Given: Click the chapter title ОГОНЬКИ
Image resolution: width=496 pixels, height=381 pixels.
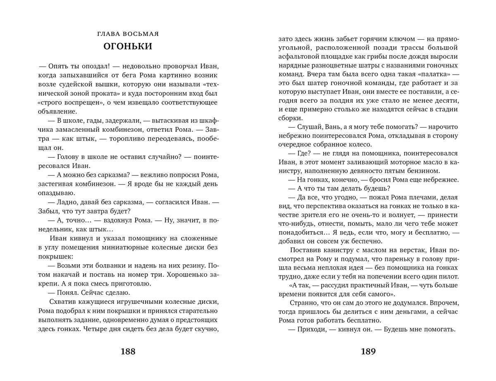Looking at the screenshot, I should (x=128, y=46).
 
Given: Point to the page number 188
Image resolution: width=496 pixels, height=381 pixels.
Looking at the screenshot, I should (x=128, y=352).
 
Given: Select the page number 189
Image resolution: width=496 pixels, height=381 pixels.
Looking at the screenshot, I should (x=368, y=352).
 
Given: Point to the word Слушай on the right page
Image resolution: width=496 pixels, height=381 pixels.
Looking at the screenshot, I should (x=310, y=126).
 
